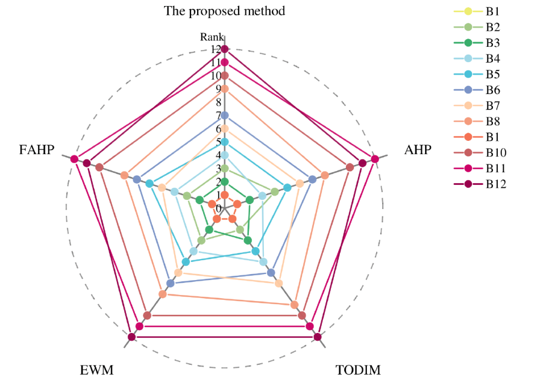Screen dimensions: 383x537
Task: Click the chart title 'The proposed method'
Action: point(224,11)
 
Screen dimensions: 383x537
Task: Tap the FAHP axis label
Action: point(37,149)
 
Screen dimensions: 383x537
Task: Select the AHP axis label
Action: point(417,149)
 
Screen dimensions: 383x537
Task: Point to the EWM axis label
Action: point(96,370)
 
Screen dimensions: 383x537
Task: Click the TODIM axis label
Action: point(358,370)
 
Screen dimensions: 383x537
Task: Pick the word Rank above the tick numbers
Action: point(211,37)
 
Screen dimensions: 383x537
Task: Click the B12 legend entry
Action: point(496,184)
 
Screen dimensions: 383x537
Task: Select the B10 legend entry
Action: point(496,152)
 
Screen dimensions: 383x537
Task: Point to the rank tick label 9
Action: point(219,89)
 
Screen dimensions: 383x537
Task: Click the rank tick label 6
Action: point(219,129)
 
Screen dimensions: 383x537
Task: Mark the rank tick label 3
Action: point(219,168)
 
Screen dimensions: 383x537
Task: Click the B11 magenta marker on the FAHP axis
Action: point(74,160)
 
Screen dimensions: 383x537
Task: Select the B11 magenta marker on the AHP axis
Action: point(375,160)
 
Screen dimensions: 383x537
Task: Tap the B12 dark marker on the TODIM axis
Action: point(318,337)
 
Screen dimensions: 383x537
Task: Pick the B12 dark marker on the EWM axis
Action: point(132,337)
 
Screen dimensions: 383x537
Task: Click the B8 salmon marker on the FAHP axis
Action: point(124,176)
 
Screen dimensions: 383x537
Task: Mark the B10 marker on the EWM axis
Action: point(147,315)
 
